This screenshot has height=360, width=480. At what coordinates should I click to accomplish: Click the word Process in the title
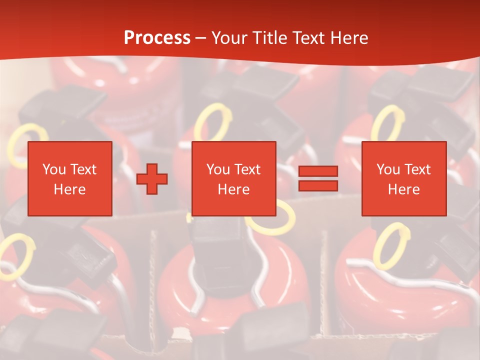(x=157, y=38)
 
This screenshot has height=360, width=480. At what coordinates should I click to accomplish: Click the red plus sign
(x=152, y=179)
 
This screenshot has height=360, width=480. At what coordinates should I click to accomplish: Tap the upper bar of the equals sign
(x=318, y=171)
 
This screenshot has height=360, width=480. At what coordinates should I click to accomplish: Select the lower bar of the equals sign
(x=318, y=186)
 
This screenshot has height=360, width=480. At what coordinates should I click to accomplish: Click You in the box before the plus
(x=53, y=169)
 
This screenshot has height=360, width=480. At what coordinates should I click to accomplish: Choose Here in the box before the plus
(x=69, y=189)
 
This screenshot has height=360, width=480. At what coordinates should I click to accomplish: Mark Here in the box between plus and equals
(x=233, y=189)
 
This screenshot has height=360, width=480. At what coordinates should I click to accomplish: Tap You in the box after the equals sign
(x=388, y=169)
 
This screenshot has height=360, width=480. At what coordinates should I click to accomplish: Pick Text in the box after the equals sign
(x=417, y=169)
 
